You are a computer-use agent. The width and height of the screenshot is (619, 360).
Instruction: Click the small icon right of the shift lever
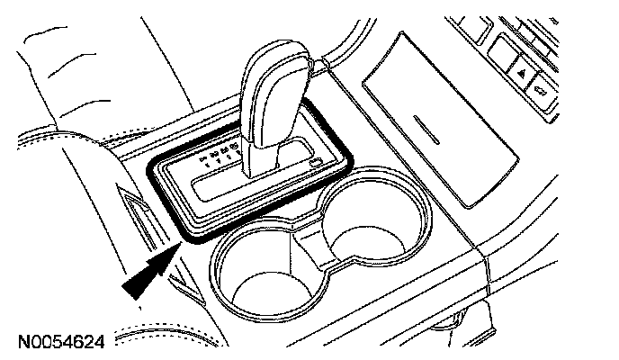click(x=314, y=162)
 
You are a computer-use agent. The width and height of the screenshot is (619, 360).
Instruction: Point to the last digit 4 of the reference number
click(x=99, y=342)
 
